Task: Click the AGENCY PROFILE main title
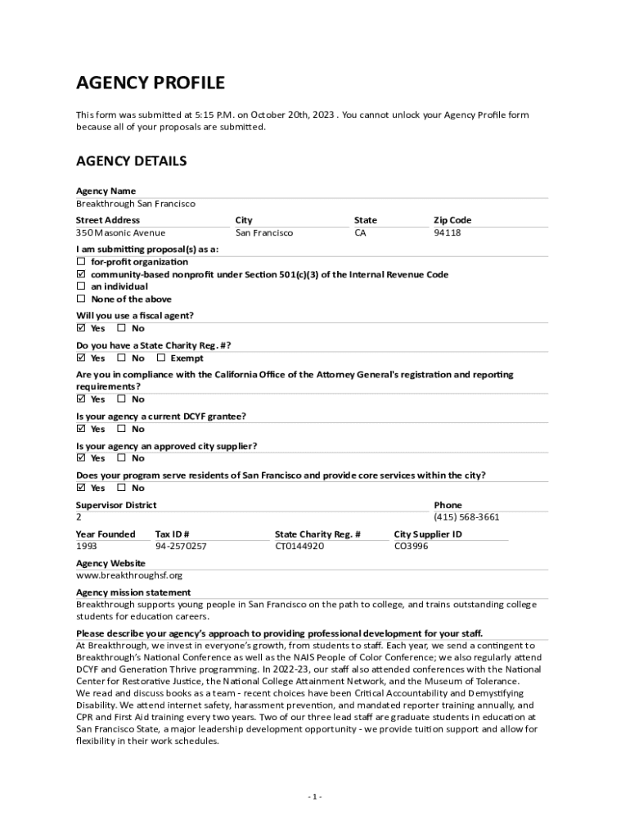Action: click(x=151, y=83)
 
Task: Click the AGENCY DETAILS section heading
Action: click(x=131, y=161)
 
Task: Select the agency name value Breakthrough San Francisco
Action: click(x=136, y=204)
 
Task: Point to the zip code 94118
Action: click(x=447, y=233)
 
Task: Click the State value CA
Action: click(x=361, y=233)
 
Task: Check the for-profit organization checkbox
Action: click(x=81, y=262)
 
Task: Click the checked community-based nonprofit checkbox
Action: click(x=81, y=274)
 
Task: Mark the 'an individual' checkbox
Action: click(x=81, y=286)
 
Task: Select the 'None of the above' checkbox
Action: click(x=81, y=299)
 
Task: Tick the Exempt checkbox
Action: click(x=161, y=358)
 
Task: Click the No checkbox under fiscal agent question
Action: click(x=121, y=328)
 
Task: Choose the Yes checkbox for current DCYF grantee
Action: click(x=81, y=429)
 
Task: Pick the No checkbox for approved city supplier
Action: click(x=121, y=458)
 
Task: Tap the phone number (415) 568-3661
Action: click(x=466, y=517)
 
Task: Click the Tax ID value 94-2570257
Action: click(x=181, y=546)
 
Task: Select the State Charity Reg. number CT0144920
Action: click(x=299, y=546)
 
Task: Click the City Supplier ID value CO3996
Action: click(x=411, y=546)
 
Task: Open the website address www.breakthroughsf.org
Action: click(x=129, y=575)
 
